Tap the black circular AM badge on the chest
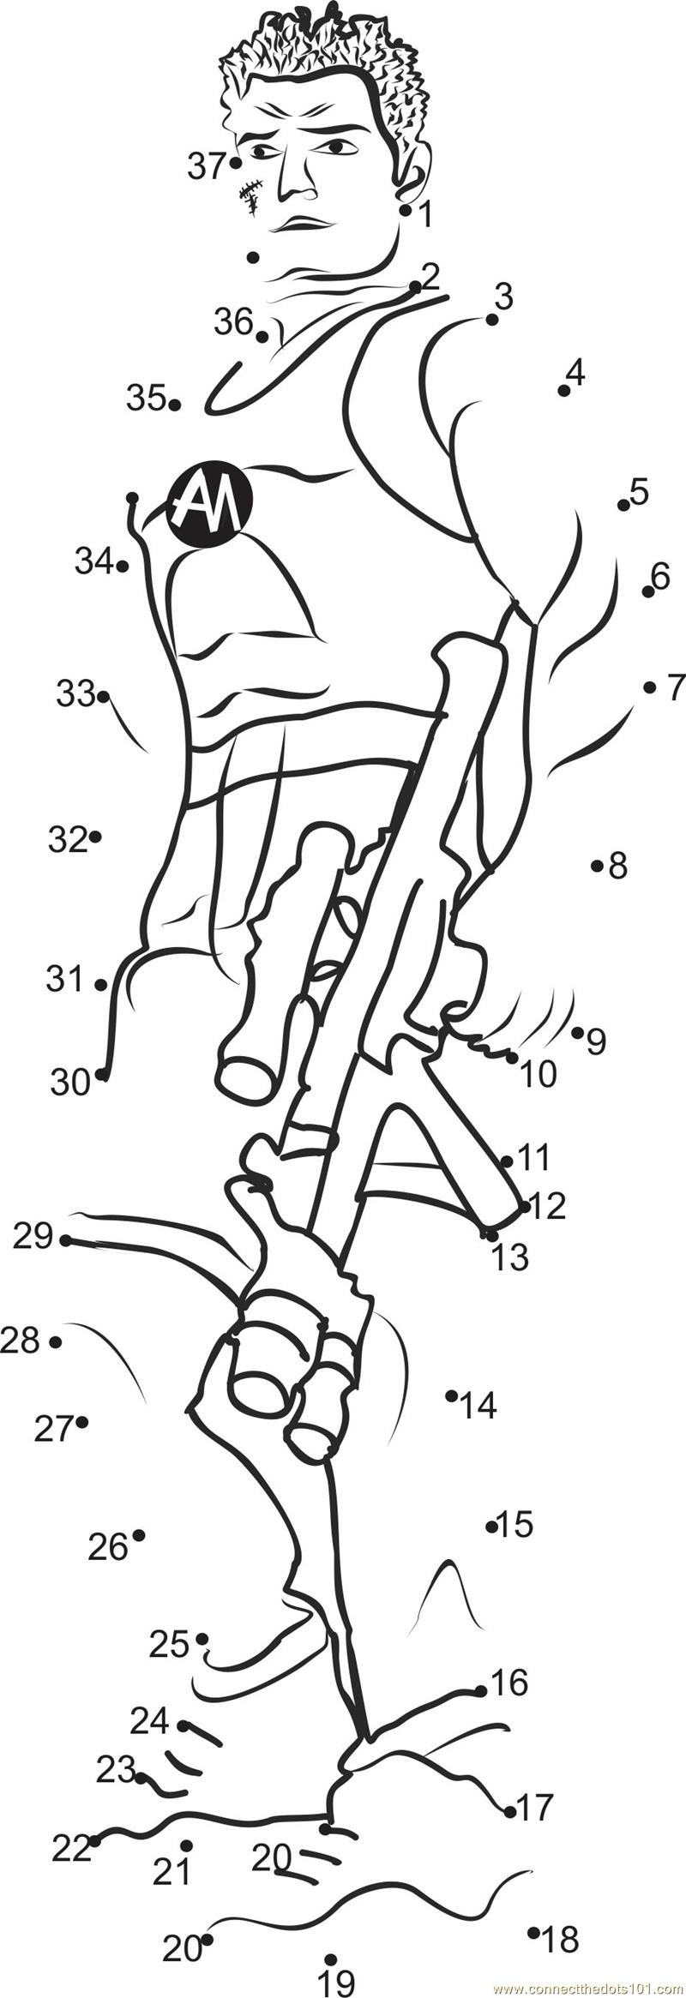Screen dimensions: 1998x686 click(x=209, y=505)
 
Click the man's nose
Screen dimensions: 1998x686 click(x=297, y=180)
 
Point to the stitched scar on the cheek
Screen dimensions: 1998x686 click(x=250, y=196)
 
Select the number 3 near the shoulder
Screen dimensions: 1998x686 click(x=504, y=297)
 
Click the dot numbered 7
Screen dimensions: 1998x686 click(x=649, y=687)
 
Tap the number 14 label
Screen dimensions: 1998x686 click(x=478, y=1406)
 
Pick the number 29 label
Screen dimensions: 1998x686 click(x=33, y=1238)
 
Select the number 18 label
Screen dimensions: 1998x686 click(x=561, y=1933)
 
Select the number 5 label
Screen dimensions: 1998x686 click(x=639, y=492)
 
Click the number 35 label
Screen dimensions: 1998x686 click(x=146, y=398)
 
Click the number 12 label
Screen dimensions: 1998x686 click(x=548, y=1206)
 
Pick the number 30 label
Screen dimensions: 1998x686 click(x=70, y=1083)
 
